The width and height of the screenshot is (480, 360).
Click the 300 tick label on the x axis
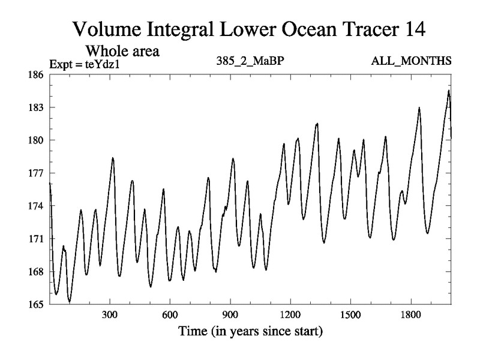coord(110,315)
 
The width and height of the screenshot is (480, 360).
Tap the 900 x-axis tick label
coord(230,315)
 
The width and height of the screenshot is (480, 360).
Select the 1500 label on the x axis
coord(350,315)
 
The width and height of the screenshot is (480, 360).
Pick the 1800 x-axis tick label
coord(411,315)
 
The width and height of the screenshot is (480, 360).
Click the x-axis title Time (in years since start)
coord(250,331)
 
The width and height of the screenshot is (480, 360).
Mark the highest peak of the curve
coord(448,91)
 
